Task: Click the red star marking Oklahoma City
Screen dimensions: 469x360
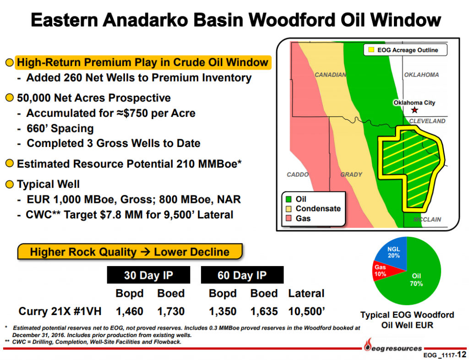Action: click(x=414, y=110)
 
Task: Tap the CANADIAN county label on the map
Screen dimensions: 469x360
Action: click(x=330, y=75)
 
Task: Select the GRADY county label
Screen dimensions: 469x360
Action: click(x=351, y=175)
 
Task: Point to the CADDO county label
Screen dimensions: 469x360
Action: click(x=297, y=175)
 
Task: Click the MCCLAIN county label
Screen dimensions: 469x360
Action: click(x=427, y=219)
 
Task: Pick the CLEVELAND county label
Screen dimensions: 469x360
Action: click(x=427, y=121)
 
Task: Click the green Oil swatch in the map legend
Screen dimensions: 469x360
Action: click(x=289, y=200)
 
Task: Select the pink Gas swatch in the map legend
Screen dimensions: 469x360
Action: click(x=289, y=218)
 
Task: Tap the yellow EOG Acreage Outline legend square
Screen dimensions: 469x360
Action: click(x=371, y=50)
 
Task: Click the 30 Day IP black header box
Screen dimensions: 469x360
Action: click(x=149, y=275)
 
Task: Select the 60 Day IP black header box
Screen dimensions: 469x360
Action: click(x=242, y=275)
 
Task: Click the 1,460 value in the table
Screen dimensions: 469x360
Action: click(x=130, y=311)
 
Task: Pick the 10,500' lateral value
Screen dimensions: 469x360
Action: click(x=306, y=311)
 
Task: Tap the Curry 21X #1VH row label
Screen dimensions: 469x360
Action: click(x=60, y=311)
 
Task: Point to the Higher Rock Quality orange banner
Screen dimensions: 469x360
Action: click(x=130, y=252)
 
